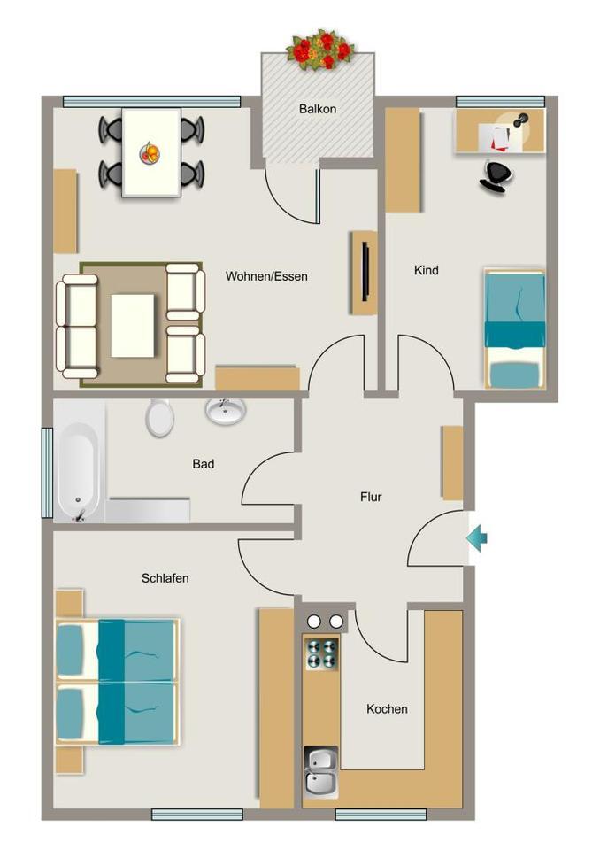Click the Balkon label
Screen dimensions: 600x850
pyautogui.click(x=318, y=109)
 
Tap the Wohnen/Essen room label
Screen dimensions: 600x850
pyautogui.click(x=266, y=276)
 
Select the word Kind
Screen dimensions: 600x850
pyautogui.click(x=426, y=270)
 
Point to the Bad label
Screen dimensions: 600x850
pyautogui.click(x=204, y=464)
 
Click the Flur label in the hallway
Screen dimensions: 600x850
pyautogui.click(x=371, y=497)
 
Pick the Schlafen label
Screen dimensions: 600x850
pyautogui.click(x=165, y=578)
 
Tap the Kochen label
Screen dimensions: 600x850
pyautogui.click(x=387, y=709)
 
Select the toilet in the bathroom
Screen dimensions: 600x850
pyautogui.click(x=159, y=417)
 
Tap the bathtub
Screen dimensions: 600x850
pyautogui.click(x=79, y=461)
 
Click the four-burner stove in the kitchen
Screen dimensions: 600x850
pyautogui.click(x=322, y=653)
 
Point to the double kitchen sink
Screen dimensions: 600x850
pyautogui.click(x=321, y=772)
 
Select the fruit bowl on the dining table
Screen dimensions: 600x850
pyautogui.click(x=150, y=153)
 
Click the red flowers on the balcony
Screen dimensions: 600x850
pyautogui.click(x=321, y=50)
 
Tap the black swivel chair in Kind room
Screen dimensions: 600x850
pyautogui.click(x=496, y=177)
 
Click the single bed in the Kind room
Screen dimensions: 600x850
pyautogui.click(x=514, y=328)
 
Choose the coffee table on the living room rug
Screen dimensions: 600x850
pyautogui.click(x=132, y=325)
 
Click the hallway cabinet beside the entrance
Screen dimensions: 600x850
pyautogui.click(x=452, y=462)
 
